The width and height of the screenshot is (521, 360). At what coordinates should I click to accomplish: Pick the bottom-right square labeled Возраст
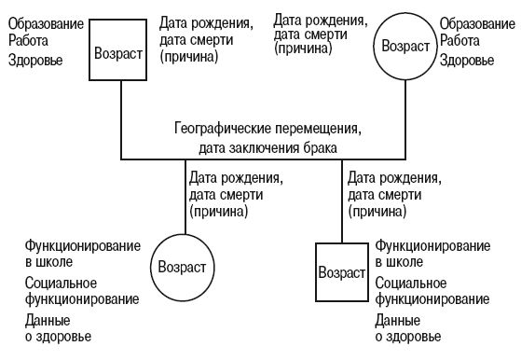pyautogui.click(x=342, y=274)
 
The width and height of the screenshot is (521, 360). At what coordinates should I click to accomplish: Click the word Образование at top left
pyautogui.click(x=44, y=21)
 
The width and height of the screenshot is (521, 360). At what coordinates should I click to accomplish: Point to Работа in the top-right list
pyautogui.click(x=461, y=41)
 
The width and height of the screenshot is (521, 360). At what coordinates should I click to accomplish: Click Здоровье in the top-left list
pyautogui.click(x=34, y=60)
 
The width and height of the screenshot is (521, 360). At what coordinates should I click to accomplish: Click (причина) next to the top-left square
pyautogui.click(x=189, y=56)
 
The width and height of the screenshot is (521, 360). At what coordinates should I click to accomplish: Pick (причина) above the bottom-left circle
pyautogui.click(x=218, y=211)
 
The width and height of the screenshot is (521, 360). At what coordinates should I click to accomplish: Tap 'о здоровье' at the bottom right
pyautogui.click(x=408, y=336)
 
